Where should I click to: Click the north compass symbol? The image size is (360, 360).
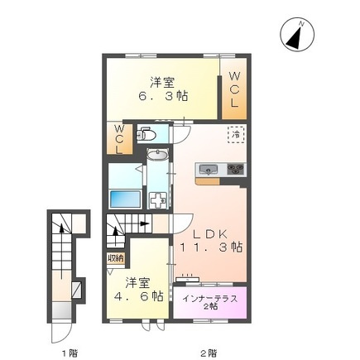click(297, 36)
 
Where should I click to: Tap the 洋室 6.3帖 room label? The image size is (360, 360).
click(163, 89)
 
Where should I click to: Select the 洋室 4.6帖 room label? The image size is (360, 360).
click(138, 290)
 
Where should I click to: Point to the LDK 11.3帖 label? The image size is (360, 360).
click(211, 241)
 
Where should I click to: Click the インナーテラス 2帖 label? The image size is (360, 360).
click(210, 302)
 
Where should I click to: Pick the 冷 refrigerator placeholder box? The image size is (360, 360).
click(236, 135)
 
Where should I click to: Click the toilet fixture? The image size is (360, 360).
click(146, 134)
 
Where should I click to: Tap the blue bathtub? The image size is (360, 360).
click(125, 199)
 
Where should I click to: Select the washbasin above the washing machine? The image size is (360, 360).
click(157, 155)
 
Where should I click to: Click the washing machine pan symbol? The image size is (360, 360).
click(157, 200)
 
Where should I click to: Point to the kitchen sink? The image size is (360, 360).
click(208, 169)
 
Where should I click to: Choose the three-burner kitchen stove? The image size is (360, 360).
click(236, 169)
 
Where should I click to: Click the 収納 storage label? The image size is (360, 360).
click(116, 258)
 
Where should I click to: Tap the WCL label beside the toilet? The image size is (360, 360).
click(119, 139)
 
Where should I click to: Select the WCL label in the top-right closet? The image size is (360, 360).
click(234, 89)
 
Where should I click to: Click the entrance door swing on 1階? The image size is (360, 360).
click(62, 332)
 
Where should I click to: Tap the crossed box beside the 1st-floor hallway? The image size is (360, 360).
click(76, 290)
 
